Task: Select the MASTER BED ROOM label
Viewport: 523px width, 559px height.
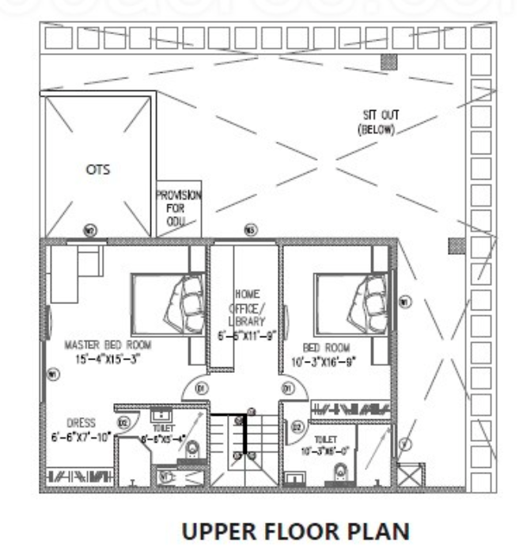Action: tap(108, 344)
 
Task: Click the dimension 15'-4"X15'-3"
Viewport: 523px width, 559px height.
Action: tap(108, 358)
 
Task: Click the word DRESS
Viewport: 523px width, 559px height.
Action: tap(81, 423)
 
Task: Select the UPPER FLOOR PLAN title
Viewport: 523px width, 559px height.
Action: tap(295, 532)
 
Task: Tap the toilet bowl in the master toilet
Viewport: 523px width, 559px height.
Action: tap(191, 451)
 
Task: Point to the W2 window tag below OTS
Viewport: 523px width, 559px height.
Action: tap(89, 232)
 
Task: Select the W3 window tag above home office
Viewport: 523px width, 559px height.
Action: tap(250, 230)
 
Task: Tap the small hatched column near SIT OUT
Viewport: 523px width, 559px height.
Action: tap(387, 61)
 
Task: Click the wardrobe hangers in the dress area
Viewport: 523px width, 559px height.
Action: tap(79, 477)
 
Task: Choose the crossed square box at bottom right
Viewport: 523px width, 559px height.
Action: tap(411, 477)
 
